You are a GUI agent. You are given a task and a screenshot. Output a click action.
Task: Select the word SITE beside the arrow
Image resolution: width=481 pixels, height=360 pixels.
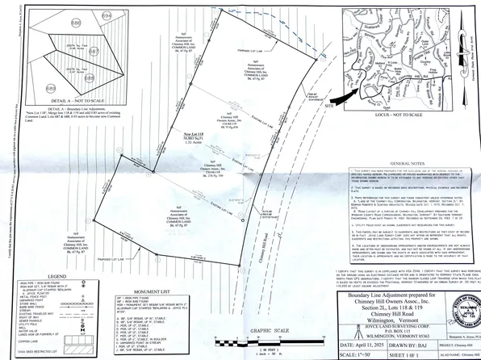(328, 106)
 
